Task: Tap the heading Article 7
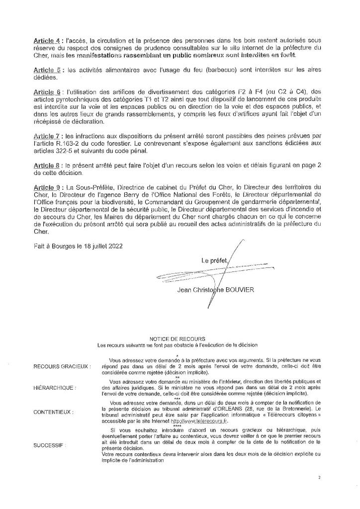[x=46, y=136]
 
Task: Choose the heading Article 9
[x=46, y=187]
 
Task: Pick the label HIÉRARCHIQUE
[x=55, y=387]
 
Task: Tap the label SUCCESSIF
[x=50, y=446]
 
